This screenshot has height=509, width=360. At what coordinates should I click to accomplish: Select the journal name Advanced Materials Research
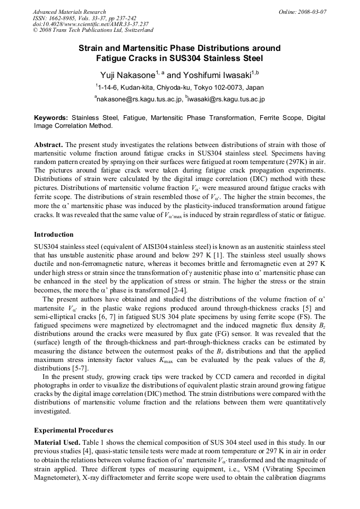click(x=69, y=12)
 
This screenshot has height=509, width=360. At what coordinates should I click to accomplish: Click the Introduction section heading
click(x=54, y=234)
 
